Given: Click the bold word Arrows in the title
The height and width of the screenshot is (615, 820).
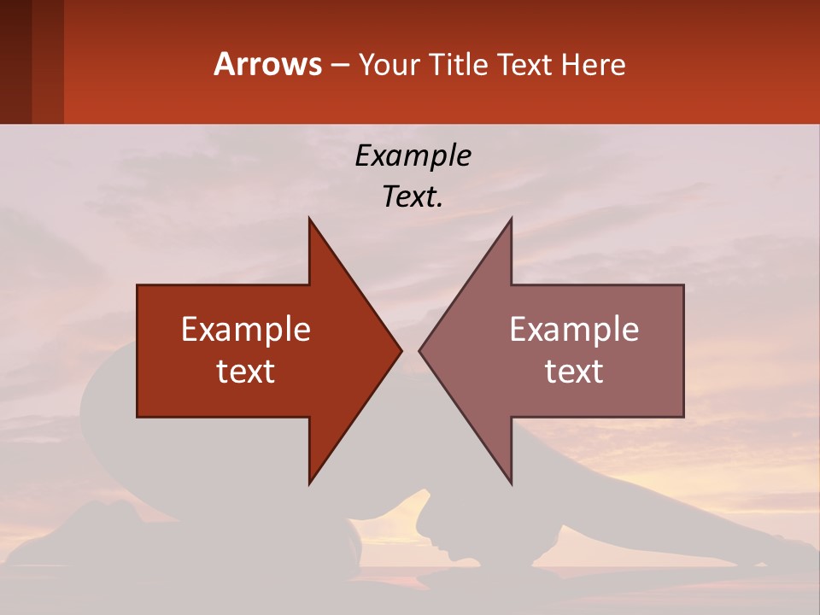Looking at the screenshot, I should [267, 64].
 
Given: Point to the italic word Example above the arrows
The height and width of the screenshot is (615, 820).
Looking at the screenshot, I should [413, 155].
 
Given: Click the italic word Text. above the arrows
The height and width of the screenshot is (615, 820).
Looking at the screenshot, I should [413, 196].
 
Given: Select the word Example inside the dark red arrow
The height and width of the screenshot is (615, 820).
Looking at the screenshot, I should [246, 330].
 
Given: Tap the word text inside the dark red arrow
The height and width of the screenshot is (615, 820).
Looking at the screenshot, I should [246, 371].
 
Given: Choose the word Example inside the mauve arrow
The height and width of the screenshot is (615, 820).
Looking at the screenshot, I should [574, 330].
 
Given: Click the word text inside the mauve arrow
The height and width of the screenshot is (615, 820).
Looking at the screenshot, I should [574, 371].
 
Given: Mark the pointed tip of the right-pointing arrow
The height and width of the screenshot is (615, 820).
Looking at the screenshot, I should [401, 350].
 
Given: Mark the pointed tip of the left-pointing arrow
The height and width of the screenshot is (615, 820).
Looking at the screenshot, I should [419, 350].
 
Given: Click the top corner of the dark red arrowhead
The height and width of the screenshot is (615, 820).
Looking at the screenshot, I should [309, 219].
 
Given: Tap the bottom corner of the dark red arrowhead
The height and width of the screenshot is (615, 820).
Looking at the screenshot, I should [309, 483].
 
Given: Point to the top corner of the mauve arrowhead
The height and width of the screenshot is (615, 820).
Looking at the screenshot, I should [511, 219].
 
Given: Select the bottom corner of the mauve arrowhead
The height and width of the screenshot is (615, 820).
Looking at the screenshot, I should [511, 483].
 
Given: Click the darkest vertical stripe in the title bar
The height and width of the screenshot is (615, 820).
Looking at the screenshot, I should [15, 61].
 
